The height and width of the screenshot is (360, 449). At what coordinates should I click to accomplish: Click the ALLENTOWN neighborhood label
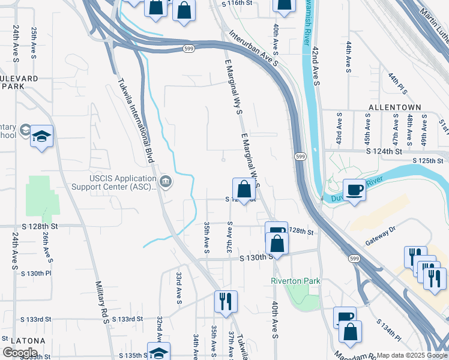pos(396,107)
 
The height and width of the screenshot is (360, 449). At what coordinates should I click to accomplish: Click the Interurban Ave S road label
pos(255,47)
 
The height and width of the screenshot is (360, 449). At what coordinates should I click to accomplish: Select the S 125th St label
pos(431,161)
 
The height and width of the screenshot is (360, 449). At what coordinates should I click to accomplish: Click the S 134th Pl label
pos(388,329)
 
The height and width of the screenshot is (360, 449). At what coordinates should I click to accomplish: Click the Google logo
pos(20,352)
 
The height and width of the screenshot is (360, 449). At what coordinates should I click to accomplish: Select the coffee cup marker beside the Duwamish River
pos(354,190)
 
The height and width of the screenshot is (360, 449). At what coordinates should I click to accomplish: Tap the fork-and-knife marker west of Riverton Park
pos(226,301)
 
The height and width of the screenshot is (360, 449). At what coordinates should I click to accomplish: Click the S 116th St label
pos(237,3)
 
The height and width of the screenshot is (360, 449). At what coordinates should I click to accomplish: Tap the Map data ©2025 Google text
pos(411,355)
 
